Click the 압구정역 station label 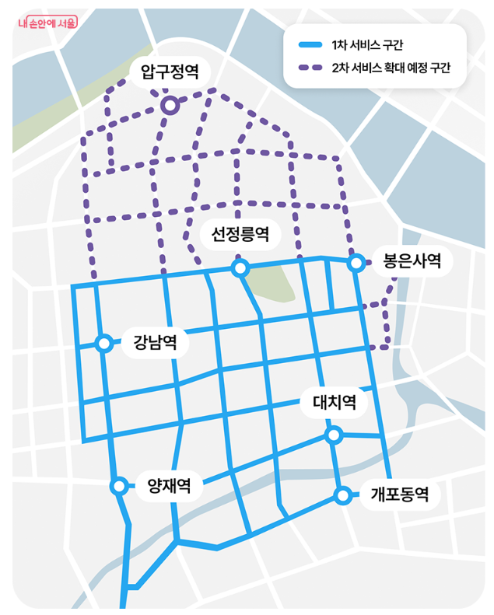[170, 73]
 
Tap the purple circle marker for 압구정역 [169, 105]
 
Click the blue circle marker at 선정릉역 [240, 268]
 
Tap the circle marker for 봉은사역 [356, 263]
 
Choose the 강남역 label [155, 342]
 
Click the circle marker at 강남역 [103, 343]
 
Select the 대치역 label [334, 403]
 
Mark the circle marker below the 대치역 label [334, 435]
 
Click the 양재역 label [169, 487]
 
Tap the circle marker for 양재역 [119, 486]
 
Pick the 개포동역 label [399, 494]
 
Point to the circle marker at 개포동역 [342, 495]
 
